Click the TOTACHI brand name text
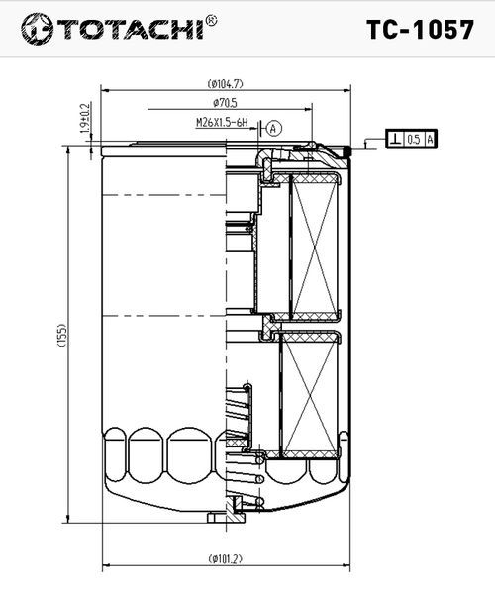coord(131,29)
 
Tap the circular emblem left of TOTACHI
coord(37,29)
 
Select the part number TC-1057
coord(420,30)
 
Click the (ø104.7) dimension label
coord(226,83)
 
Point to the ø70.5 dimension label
coord(225,102)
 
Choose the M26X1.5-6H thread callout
coord(222,123)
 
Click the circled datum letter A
coord(274,129)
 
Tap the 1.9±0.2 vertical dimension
coord(86,118)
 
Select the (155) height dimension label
coord(61,335)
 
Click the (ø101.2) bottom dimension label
coord(226,558)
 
